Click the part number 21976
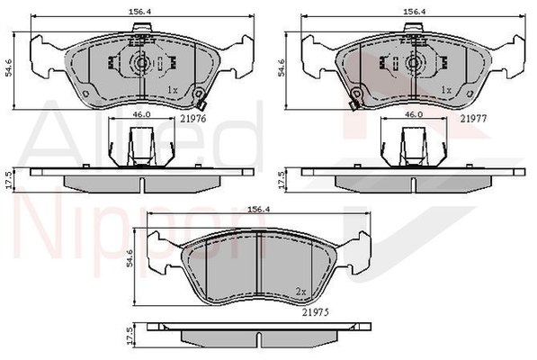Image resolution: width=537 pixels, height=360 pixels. click(193, 119)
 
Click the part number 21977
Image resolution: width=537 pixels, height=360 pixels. click(473, 119)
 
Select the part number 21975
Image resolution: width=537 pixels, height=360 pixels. click(316, 312)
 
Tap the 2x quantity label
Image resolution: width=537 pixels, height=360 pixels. click(300, 292)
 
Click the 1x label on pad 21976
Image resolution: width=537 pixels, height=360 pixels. click(173, 90)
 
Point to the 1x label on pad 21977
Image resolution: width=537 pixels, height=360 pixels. click(446, 90)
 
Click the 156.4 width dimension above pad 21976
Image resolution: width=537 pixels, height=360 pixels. click(139, 12)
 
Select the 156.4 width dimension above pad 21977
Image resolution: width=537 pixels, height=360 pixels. click(414, 12)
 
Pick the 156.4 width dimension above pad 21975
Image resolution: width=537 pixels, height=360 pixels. click(259, 210)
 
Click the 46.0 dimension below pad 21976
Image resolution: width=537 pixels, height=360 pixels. click(142, 114)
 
